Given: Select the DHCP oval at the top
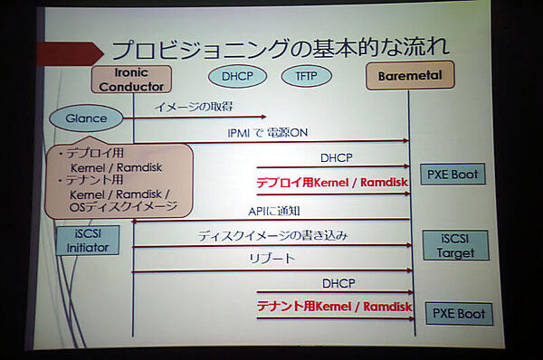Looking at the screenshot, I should (238, 76).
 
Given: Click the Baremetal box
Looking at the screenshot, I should (409, 76).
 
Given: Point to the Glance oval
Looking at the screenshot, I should (86, 118).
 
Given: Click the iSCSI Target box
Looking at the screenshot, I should (455, 245).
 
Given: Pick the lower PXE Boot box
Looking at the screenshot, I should (459, 313).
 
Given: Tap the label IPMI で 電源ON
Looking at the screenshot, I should (268, 132).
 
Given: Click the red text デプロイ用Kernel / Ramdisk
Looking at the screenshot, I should (330, 183).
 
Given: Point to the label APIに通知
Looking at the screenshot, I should (273, 211).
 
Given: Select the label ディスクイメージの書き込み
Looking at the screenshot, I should (273, 236).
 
